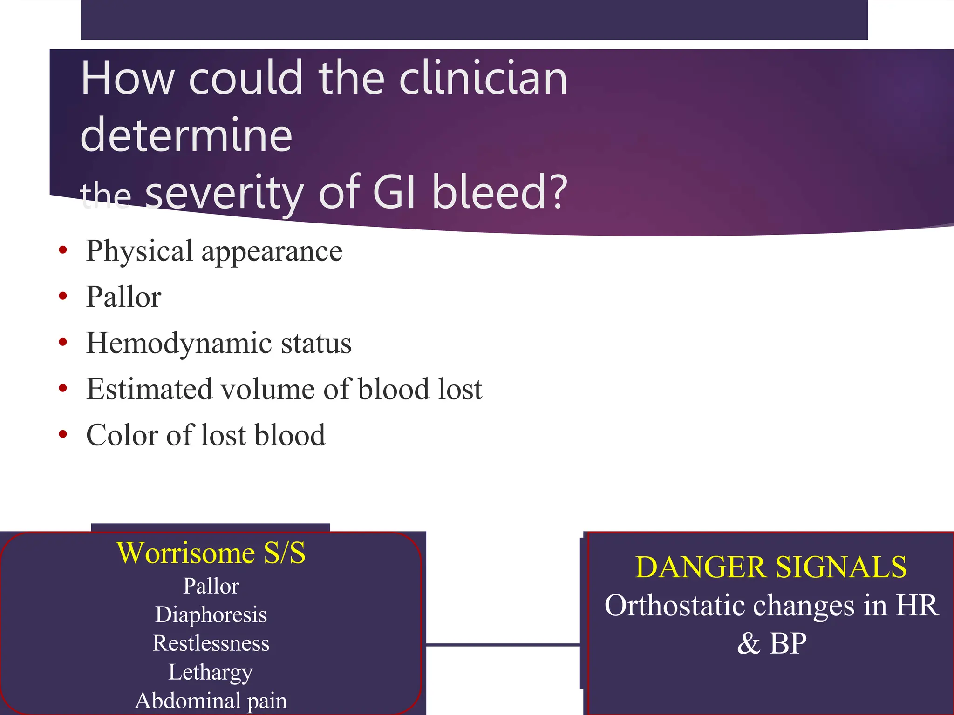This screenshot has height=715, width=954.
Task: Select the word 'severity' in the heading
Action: pyautogui.click(x=225, y=192)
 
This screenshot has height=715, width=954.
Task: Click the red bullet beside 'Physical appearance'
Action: pyautogui.click(x=63, y=250)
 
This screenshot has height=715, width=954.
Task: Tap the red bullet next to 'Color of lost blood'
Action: pyautogui.click(x=63, y=434)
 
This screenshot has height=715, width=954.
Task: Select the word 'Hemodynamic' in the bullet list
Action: pyautogui.click(x=179, y=343)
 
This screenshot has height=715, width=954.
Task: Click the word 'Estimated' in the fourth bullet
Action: pyautogui.click(x=149, y=389)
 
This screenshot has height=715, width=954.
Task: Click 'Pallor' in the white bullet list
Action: pyautogui.click(x=124, y=297)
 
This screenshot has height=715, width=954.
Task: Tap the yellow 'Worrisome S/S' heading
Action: pyautogui.click(x=211, y=553)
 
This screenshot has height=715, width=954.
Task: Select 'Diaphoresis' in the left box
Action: pyautogui.click(x=211, y=614)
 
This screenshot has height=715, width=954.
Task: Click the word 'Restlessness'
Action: pyautogui.click(x=211, y=643)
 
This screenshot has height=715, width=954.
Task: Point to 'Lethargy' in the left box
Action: pyautogui.click(x=211, y=672)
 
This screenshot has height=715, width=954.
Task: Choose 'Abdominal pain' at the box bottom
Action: pyautogui.click(x=211, y=701)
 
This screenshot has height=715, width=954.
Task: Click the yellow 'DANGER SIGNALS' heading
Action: pyautogui.click(x=771, y=567)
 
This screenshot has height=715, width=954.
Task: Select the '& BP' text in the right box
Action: pyautogui.click(x=772, y=643)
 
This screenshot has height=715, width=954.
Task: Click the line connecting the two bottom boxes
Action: pyautogui.click(x=503, y=645)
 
